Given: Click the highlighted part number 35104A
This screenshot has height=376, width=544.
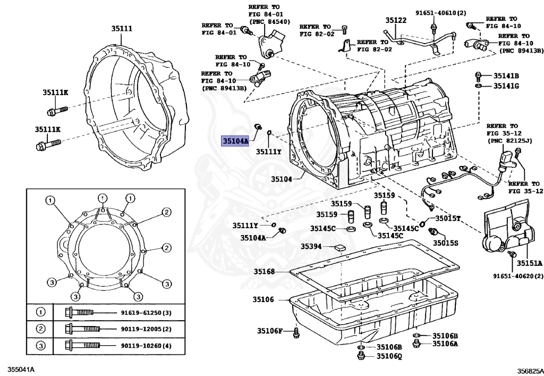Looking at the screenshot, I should click(x=235, y=141).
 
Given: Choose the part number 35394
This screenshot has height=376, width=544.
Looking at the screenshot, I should click(x=311, y=246).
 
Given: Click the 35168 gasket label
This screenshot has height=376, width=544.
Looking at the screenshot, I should click(x=263, y=272).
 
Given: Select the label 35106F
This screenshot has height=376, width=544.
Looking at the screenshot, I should click(x=270, y=331).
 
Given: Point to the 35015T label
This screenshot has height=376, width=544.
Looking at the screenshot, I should click(x=448, y=219).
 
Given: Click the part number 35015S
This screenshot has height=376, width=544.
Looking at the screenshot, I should click(x=445, y=243).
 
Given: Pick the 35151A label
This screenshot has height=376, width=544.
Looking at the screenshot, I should click(x=530, y=263).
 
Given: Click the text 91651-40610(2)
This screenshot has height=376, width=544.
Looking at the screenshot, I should click(x=440, y=12).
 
